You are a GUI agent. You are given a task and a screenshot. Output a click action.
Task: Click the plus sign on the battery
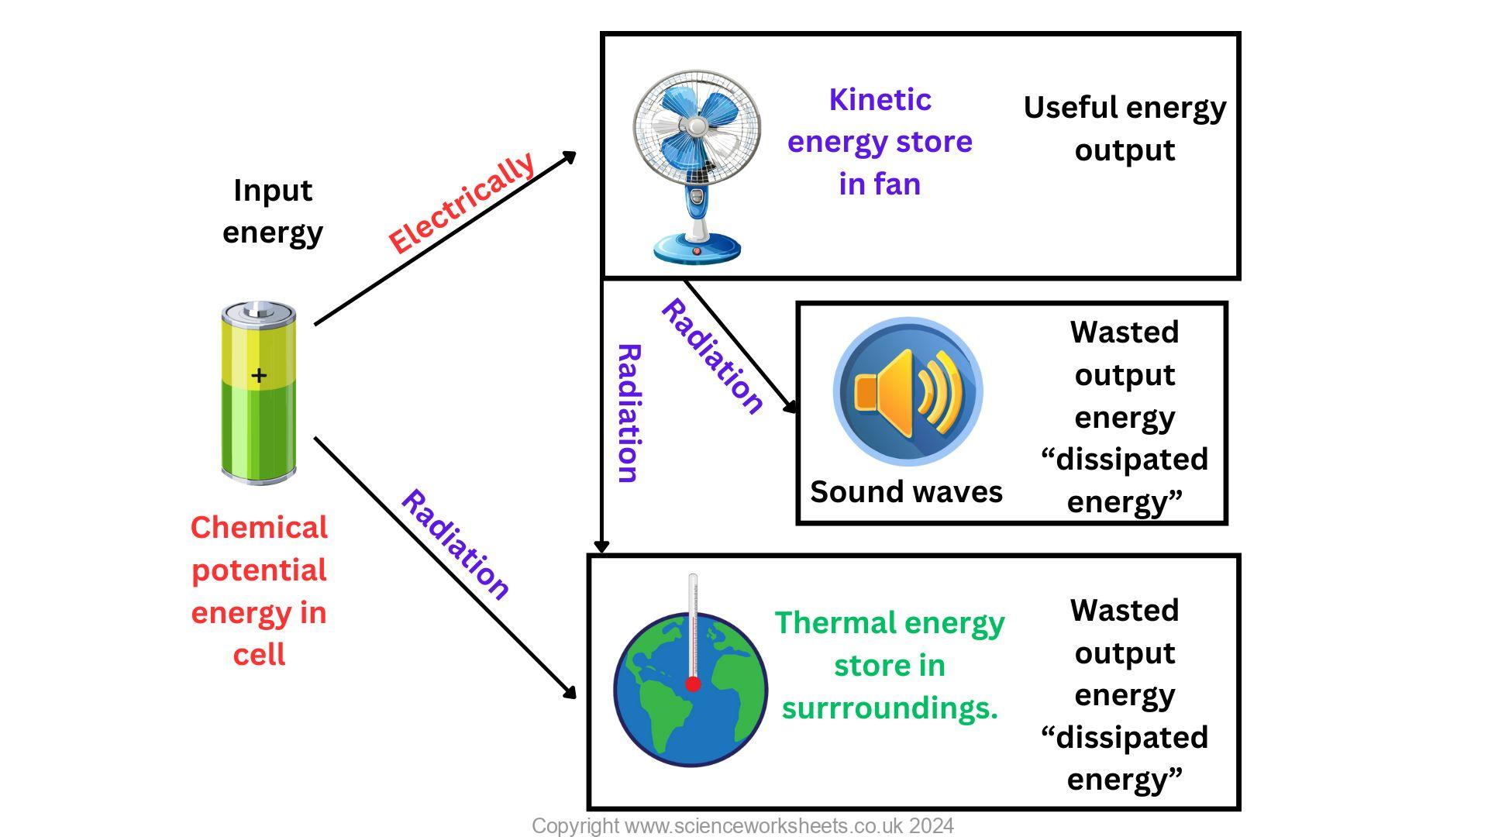pyautogui.click(x=259, y=376)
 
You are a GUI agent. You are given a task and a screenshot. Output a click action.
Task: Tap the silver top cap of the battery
pyautogui.click(x=258, y=312)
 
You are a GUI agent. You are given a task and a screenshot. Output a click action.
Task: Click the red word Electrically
pyautogui.click(x=462, y=203)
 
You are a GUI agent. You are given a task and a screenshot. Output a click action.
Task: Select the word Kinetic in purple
pyautogui.click(x=880, y=100)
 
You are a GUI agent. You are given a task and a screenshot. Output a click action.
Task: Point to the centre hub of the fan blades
pyautogui.click(x=697, y=126)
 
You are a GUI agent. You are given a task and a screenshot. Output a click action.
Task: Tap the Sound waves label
pyautogui.click(x=906, y=492)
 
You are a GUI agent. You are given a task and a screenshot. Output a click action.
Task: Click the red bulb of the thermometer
pyautogui.click(x=693, y=684)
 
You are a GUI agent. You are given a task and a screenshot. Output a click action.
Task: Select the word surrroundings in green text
pyautogui.click(x=888, y=708)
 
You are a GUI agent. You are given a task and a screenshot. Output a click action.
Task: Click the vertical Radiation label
pyautogui.click(x=629, y=414)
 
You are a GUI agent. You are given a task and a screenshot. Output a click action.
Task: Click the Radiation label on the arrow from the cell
pyautogui.click(x=455, y=545)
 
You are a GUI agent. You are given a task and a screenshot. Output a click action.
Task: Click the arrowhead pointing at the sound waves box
pyautogui.click(x=791, y=406)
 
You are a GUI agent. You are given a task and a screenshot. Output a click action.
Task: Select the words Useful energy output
pyautogui.click(x=1125, y=129)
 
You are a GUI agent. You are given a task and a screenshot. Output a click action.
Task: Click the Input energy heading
pyautogui.click(x=273, y=211)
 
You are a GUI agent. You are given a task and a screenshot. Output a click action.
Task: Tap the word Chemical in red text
pyautogui.click(x=259, y=528)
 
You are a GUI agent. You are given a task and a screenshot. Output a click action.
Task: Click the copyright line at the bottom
pyautogui.click(x=742, y=826)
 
